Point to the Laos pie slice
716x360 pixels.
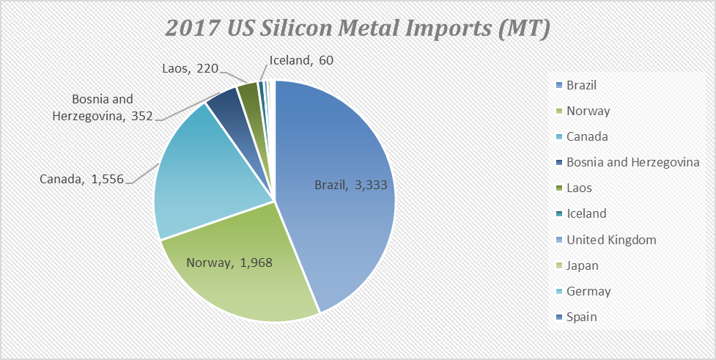(248, 95)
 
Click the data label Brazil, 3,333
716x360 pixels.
(347, 185)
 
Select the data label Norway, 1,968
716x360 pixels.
(229, 262)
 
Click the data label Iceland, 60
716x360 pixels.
(301, 60)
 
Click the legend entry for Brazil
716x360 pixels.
(581, 85)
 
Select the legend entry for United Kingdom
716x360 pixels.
(611, 240)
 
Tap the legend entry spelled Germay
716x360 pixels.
(588, 291)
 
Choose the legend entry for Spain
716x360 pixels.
(581, 317)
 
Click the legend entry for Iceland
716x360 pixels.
(586, 213)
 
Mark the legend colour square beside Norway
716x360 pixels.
(558, 111)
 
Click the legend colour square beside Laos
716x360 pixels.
(558, 188)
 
